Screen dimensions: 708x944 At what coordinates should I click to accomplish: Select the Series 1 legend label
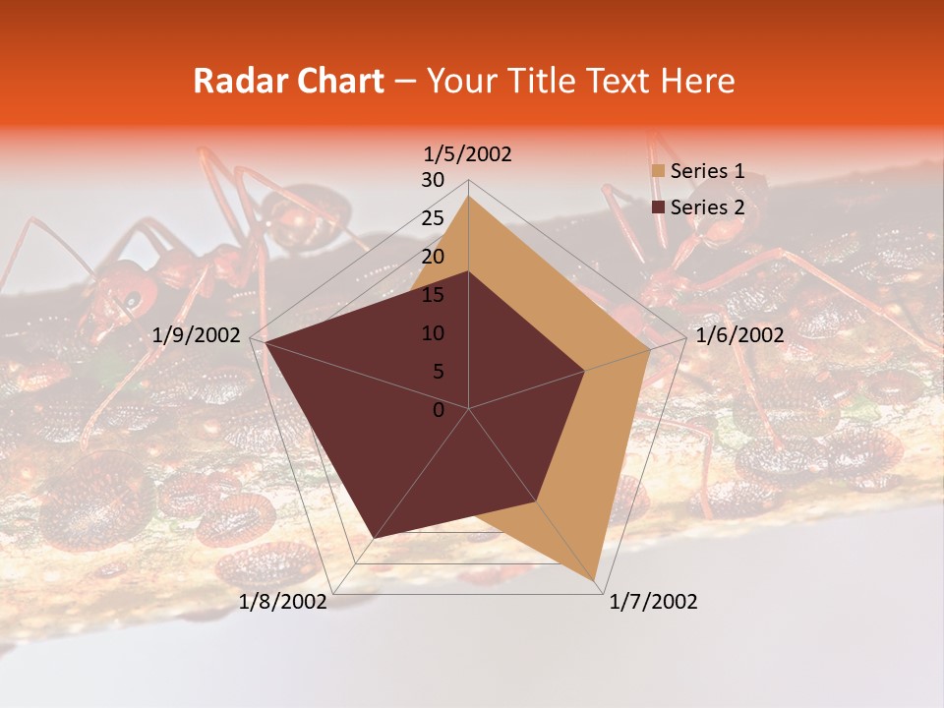click(x=707, y=171)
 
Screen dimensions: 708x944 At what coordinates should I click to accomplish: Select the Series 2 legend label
click(x=707, y=207)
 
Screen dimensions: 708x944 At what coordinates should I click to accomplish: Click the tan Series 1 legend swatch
click(x=658, y=172)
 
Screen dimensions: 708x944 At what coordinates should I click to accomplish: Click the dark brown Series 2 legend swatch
click(x=658, y=207)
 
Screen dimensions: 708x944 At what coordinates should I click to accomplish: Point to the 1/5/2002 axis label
click(x=468, y=154)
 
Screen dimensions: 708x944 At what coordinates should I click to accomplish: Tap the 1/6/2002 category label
click(x=739, y=335)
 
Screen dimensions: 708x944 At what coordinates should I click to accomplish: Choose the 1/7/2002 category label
click(x=653, y=602)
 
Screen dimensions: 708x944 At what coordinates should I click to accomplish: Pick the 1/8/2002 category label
click(x=283, y=602)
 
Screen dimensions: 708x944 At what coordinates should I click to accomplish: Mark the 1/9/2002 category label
click(x=197, y=335)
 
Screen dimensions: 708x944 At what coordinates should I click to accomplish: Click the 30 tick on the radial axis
click(x=433, y=180)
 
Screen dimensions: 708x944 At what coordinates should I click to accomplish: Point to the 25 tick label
click(x=433, y=218)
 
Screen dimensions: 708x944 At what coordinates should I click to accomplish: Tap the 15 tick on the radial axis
click(x=433, y=295)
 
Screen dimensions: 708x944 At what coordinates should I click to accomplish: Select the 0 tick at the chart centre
click(x=439, y=410)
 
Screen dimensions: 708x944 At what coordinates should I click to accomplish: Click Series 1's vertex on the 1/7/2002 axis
click(x=597, y=580)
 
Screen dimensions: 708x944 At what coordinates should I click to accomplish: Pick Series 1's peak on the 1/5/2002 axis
click(x=469, y=196)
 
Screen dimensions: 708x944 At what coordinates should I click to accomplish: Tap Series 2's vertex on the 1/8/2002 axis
click(x=375, y=538)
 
